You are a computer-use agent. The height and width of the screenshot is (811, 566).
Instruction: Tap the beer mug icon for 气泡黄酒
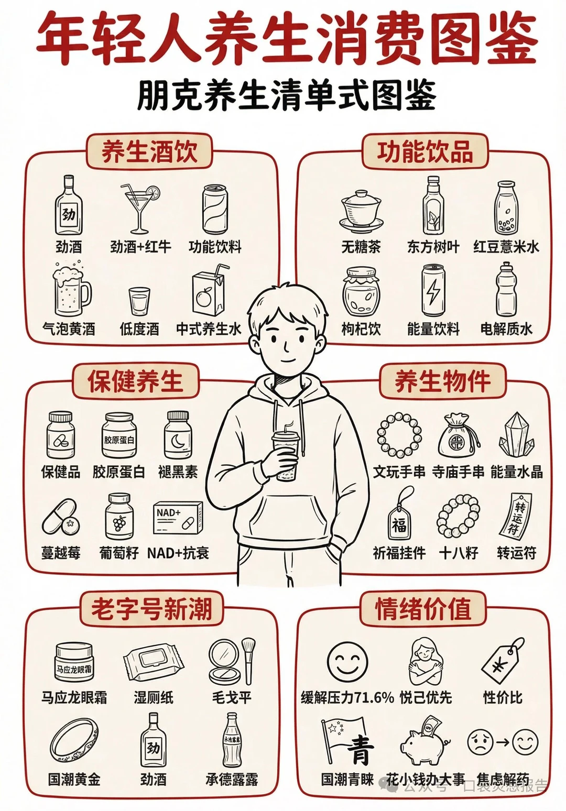coord(71,291)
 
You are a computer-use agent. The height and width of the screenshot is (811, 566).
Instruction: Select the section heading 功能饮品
coord(424,151)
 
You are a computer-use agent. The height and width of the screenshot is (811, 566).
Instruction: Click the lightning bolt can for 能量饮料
coord(433,291)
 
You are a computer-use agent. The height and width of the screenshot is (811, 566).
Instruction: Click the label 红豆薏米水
coord(506,247)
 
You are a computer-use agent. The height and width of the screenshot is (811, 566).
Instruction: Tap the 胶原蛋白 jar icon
coord(119,436)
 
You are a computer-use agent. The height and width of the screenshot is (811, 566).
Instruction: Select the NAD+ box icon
coord(178,519)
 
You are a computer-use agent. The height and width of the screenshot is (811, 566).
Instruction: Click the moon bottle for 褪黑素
coord(178,436)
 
